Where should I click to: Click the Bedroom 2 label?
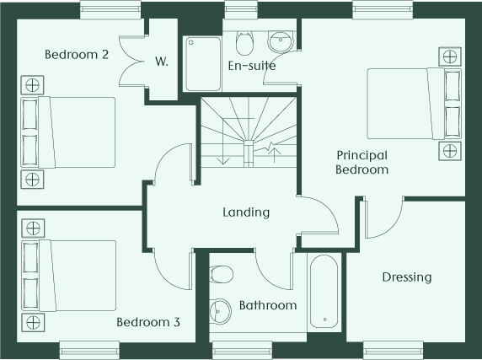tap(77, 55)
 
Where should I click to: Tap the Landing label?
tap(246, 212)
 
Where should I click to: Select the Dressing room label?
tap(407, 277)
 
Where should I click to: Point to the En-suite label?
tap(252, 66)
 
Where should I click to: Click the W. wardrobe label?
tap(162, 62)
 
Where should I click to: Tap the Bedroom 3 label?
tap(148, 322)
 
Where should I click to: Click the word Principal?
tap(361, 156)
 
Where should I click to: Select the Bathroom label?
tap(268, 305)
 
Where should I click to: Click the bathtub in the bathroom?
tap(324, 292)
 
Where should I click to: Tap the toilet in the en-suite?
tap(244, 43)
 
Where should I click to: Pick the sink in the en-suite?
tap(281, 41)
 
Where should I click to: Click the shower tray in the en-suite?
tap(203, 64)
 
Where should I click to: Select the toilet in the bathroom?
tap(222, 274)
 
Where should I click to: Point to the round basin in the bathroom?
tap(221, 311)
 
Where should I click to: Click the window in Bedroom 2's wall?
tap(110, 10)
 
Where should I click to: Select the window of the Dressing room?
tap(394, 350)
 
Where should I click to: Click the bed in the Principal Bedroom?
tap(415, 104)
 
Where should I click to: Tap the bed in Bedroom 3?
tap(68, 276)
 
